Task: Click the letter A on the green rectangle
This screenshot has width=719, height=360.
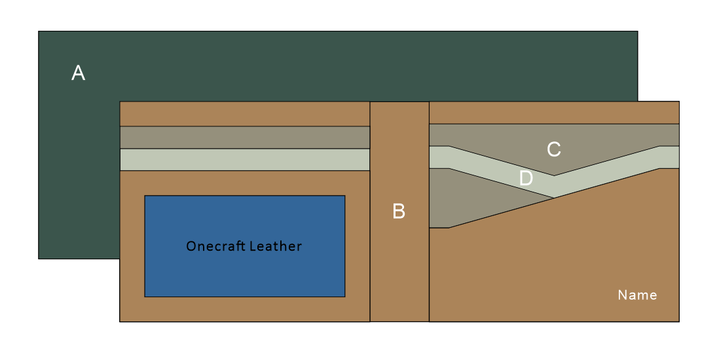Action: point(79,73)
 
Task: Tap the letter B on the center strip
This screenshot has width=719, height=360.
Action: point(399,211)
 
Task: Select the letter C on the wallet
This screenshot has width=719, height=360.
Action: point(554,149)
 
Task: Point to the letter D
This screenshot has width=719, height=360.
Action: point(526,178)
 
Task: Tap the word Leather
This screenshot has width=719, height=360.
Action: point(274,246)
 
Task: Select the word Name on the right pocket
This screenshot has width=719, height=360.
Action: point(637,295)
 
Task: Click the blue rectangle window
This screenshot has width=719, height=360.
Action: point(245,246)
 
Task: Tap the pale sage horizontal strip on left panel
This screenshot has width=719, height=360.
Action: point(245,160)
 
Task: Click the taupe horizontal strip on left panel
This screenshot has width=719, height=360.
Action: point(245,137)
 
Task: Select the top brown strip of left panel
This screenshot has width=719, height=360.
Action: point(245,114)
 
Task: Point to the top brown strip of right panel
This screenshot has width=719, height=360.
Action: point(554,113)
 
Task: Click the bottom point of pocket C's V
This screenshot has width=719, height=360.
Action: point(554,175)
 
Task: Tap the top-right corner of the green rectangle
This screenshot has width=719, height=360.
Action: point(638,31)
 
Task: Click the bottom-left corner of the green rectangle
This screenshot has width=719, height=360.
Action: point(39,259)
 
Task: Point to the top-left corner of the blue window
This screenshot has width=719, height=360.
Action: point(145,196)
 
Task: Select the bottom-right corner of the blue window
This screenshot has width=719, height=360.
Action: point(345,297)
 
